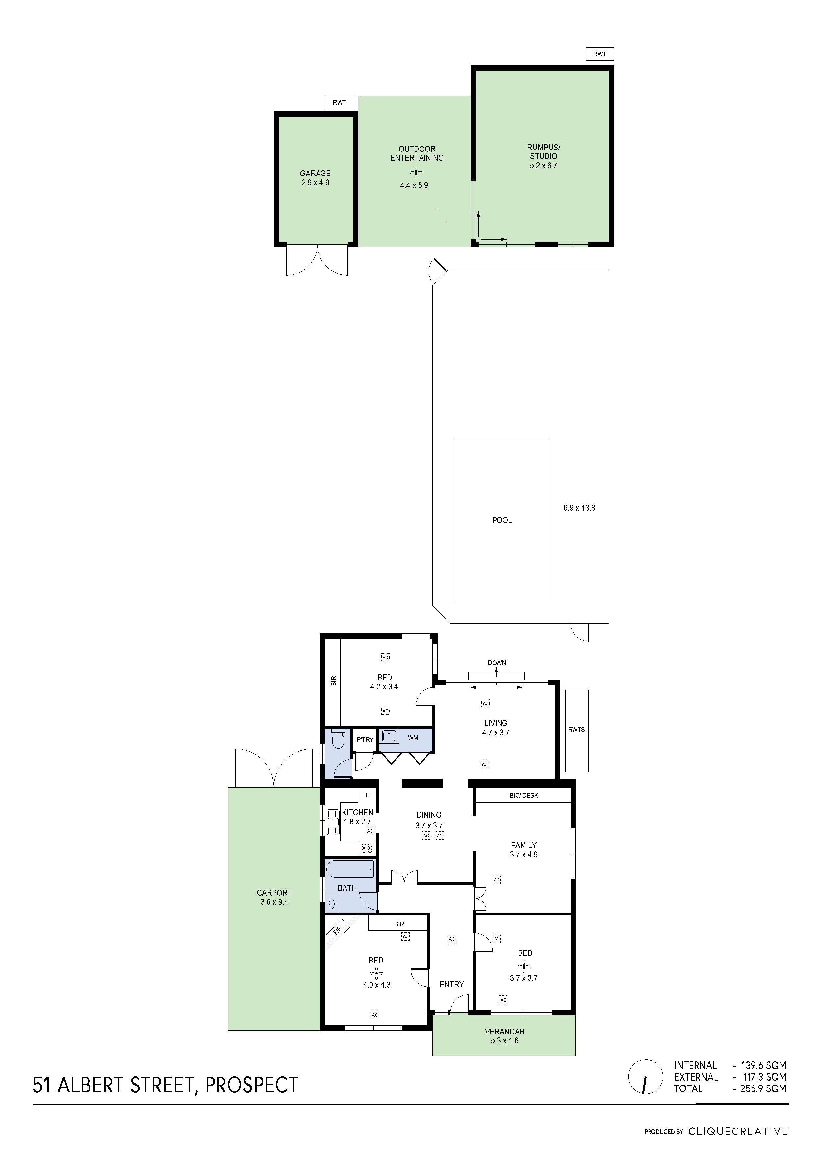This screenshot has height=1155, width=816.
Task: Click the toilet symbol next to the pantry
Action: tap(338, 739)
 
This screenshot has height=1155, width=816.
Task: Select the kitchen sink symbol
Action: tap(333, 822)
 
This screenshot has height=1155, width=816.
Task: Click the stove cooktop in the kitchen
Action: tap(367, 848)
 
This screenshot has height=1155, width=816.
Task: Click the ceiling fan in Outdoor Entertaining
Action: tap(416, 173)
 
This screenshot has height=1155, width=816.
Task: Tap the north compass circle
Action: tap(645, 1077)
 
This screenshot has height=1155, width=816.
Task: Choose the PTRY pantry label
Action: tap(365, 739)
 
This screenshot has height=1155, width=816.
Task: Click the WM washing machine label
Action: tap(413, 738)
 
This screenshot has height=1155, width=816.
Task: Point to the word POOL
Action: tap(502, 520)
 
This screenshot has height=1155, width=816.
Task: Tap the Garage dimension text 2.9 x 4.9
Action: tap(315, 183)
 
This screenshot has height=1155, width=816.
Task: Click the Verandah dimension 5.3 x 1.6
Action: tap(504, 1040)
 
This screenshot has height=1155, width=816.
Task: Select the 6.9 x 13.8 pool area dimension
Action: tap(579, 508)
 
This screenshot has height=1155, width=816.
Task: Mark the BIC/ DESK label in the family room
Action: tap(523, 795)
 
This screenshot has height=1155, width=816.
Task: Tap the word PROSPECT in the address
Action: tap(252, 1085)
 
